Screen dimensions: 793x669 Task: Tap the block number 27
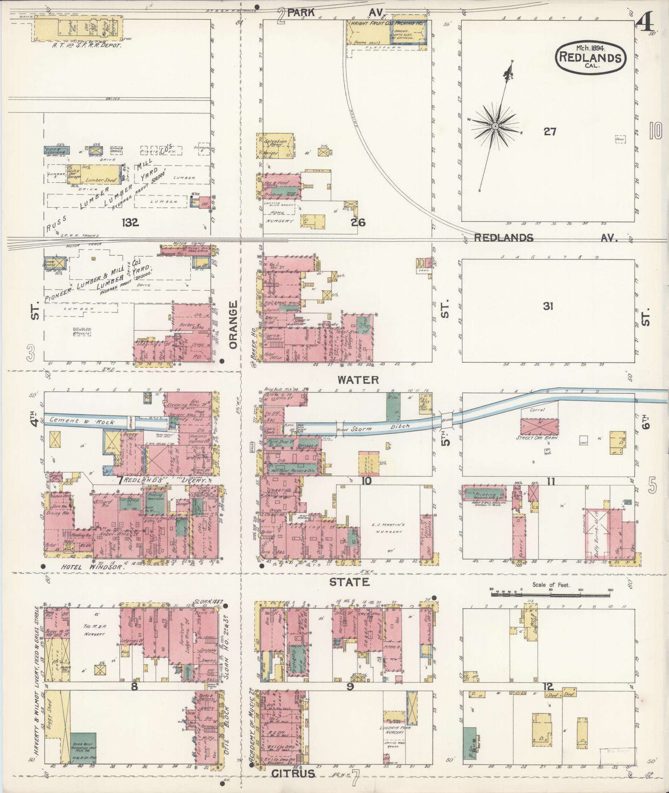pyautogui.click(x=550, y=132)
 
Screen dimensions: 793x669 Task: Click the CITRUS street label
pyautogui.click(x=294, y=774)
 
